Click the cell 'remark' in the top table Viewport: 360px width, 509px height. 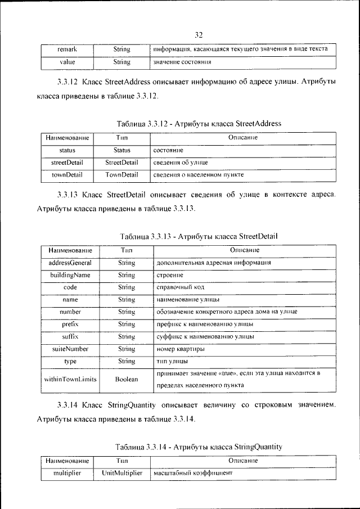click(x=67, y=49)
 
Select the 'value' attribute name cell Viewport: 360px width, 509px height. click(x=67, y=61)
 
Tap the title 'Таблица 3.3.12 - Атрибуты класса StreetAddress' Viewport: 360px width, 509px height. click(x=199, y=123)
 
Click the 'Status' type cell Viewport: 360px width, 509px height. click(x=122, y=150)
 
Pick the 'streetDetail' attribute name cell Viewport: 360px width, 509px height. click(x=67, y=163)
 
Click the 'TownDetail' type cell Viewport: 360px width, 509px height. click(x=122, y=175)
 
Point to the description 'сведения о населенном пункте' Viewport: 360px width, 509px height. click(x=198, y=175)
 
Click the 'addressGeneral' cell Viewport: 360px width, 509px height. click(x=70, y=263)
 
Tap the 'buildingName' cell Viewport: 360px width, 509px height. click(x=70, y=275)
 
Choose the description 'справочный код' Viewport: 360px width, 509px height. click(x=175, y=287)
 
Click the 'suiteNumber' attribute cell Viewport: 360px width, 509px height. click(x=70, y=349)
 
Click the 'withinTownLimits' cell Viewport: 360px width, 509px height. click(x=70, y=379)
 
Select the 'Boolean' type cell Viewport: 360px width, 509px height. click(x=127, y=379)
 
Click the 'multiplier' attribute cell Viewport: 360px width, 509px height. click(x=67, y=473)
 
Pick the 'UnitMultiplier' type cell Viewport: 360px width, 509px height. click(x=122, y=473)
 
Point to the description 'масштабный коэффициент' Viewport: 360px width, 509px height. click(x=193, y=474)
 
